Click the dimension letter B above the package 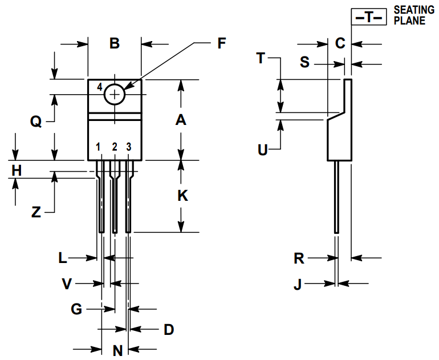pos(115,43)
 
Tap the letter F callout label pos(221,43)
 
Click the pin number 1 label pos(98,147)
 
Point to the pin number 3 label pos(128,147)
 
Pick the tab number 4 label pos(100,87)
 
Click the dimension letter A pos(181,120)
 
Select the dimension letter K pos(183,196)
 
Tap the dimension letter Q pos(36,122)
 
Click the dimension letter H pos(17,171)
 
